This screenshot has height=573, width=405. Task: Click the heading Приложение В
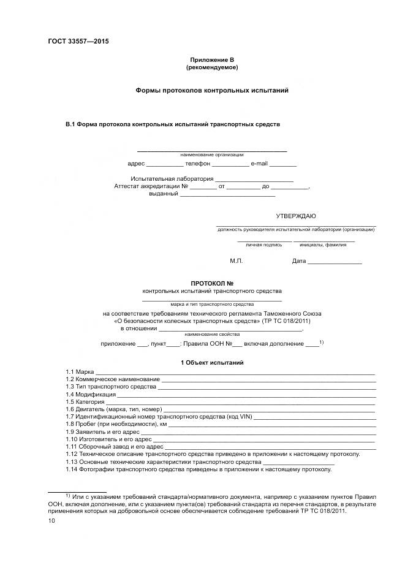click(212, 59)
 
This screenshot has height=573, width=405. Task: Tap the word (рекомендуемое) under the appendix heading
click(212, 67)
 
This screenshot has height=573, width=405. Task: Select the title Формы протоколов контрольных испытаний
click(212, 91)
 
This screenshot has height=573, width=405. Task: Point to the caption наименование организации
click(212, 154)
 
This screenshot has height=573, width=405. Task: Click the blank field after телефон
click(232, 165)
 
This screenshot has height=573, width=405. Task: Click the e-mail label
click(259, 164)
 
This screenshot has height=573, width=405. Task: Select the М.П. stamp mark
click(237, 261)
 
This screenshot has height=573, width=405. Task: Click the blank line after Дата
click(335, 262)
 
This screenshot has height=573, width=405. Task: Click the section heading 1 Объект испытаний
click(212, 363)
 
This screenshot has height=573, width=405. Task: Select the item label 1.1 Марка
click(80, 372)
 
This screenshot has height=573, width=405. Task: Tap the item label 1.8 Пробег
click(84, 423)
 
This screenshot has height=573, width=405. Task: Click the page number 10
click(51, 520)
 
